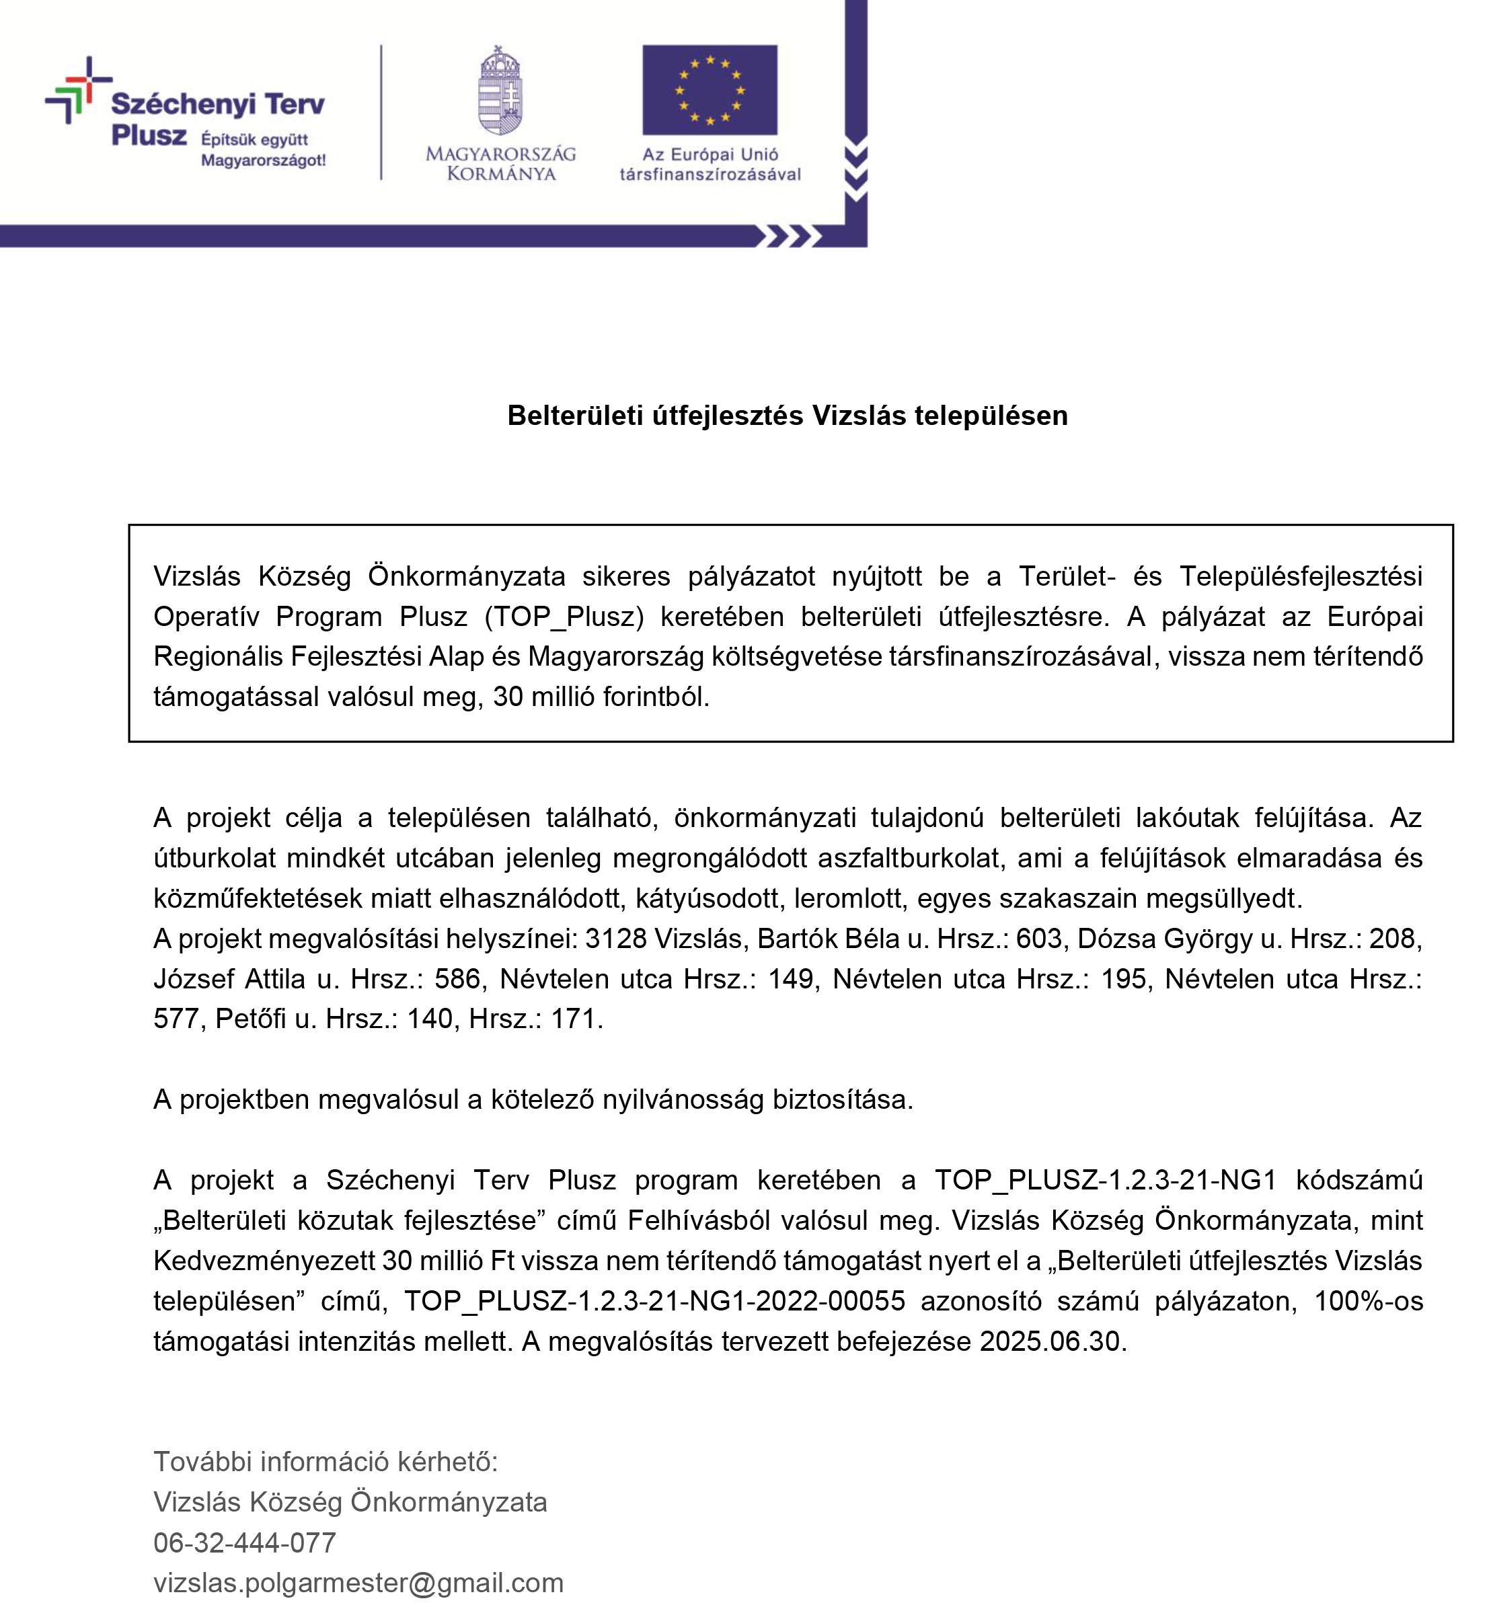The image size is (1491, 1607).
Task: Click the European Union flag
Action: (710, 89)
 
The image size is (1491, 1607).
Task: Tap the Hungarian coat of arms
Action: (500, 90)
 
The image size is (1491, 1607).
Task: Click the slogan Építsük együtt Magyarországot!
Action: (263, 149)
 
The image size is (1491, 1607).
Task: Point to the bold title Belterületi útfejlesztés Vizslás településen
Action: (787, 416)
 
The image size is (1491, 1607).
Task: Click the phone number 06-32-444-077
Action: (245, 1542)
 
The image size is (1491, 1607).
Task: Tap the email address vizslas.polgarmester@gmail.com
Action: (358, 1583)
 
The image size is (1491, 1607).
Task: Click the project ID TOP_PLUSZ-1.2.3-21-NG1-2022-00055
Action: (654, 1301)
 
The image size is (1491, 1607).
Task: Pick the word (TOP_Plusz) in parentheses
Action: (564, 617)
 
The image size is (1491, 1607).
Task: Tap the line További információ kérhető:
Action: (325, 1462)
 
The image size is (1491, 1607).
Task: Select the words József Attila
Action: (229, 978)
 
